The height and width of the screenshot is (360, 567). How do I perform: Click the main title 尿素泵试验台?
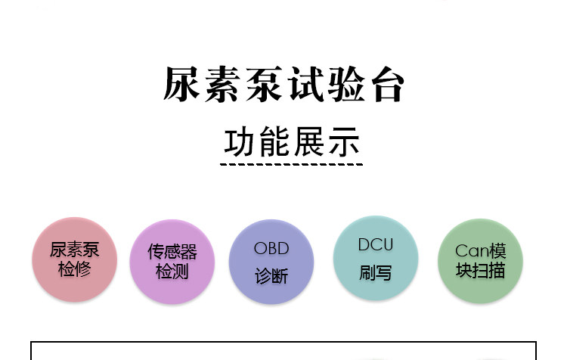[x=283, y=85]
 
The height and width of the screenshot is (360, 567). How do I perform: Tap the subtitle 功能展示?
[x=292, y=141]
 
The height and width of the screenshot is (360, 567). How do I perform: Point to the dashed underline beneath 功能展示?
[x=292, y=163]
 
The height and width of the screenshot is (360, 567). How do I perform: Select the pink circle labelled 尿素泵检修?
[x=74, y=259]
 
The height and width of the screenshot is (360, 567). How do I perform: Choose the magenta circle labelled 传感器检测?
[x=172, y=262]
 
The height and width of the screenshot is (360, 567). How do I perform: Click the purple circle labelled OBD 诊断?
[x=271, y=262]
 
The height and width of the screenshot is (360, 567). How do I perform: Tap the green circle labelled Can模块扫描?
[x=480, y=261]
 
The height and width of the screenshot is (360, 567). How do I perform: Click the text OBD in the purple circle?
[x=271, y=248]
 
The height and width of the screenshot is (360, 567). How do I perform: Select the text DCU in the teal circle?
[x=376, y=244]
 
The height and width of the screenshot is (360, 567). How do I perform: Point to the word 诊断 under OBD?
[x=271, y=276]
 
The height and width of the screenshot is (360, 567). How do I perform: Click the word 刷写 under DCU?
[x=376, y=272]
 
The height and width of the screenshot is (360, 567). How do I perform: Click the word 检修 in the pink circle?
[x=74, y=269]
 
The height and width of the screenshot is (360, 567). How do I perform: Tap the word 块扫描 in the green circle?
[x=480, y=271]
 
